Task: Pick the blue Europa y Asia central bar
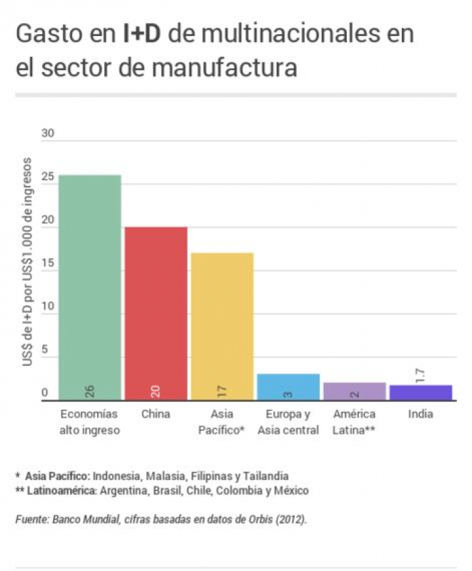click(288, 387)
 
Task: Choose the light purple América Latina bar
click(355, 391)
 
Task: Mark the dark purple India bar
click(420, 392)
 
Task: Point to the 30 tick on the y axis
click(48, 134)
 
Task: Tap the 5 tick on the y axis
click(45, 351)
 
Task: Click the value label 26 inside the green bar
click(90, 391)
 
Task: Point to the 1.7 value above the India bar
click(420, 376)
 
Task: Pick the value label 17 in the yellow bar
click(222, 391)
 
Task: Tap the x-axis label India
click(420, 414)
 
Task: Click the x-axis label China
click(156, 414)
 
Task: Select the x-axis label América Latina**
click(355, 422)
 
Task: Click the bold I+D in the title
click(142, 34)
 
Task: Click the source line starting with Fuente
click(161, 520)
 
